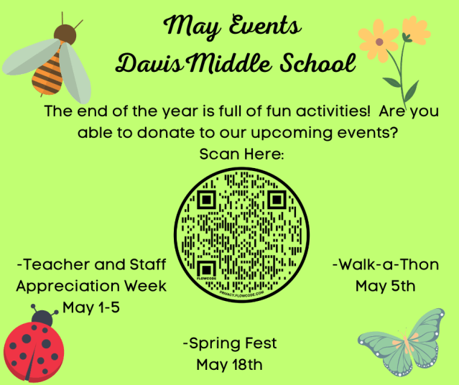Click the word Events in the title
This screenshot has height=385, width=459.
point(262,29)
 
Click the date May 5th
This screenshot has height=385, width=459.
point(386,286)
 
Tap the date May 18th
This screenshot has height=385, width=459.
point(229,364)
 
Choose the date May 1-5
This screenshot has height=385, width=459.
point(92,307)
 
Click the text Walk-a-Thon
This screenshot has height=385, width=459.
point(386,265)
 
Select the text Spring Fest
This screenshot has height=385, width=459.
point(230,343)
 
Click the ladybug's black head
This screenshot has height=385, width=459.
point(43,317)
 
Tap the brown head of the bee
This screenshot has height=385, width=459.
point(65,32)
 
